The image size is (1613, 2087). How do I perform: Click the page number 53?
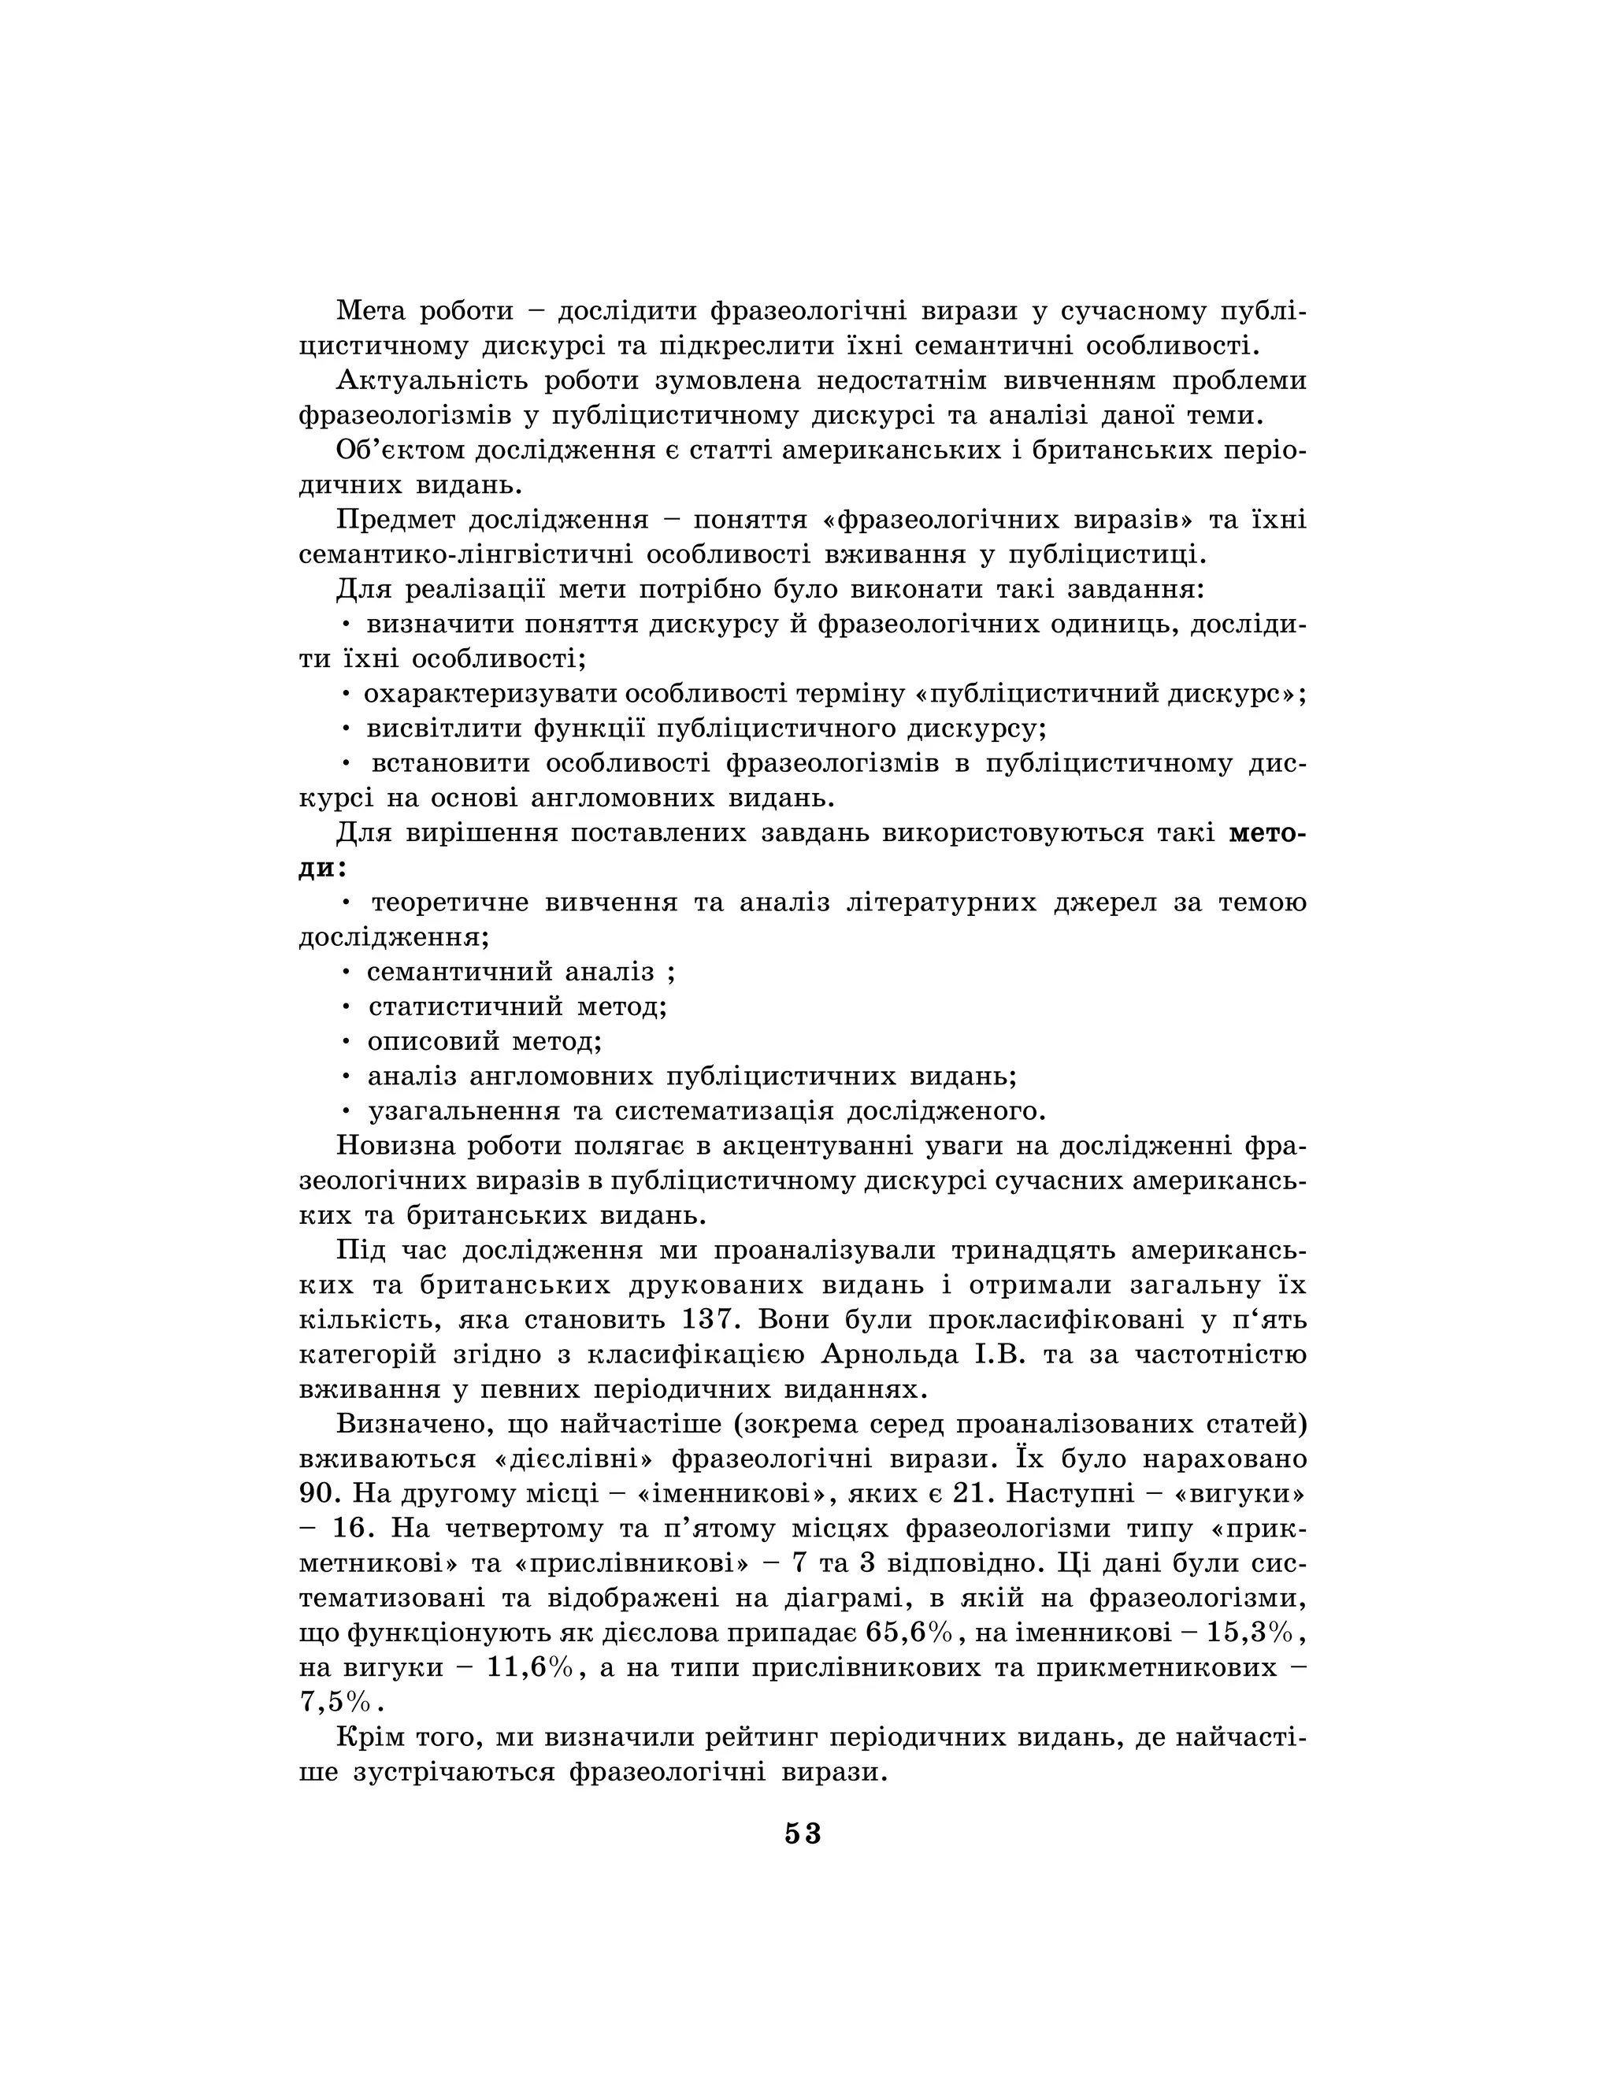803,1833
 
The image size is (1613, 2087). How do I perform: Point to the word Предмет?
393,520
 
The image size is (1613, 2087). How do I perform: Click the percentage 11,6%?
529,1667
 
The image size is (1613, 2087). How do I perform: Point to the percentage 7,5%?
333,1702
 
